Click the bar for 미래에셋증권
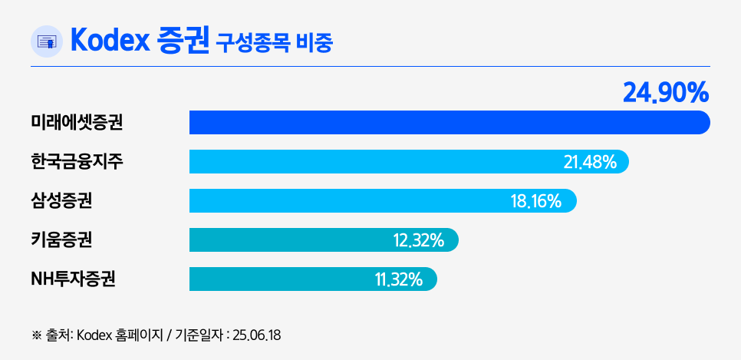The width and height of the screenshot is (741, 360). [449, 123]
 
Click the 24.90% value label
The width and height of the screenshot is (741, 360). [665, 93]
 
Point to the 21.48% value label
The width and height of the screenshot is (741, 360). [590, 162]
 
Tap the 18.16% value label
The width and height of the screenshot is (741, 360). [536, 201]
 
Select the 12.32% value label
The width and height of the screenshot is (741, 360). [419, 240]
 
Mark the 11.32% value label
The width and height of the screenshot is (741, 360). [399, 279]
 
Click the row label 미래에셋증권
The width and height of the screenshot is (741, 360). [77, 122]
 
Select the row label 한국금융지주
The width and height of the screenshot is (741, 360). [77, 161]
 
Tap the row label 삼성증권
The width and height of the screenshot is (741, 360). [61, 201]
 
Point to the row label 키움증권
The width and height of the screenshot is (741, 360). [61, 240]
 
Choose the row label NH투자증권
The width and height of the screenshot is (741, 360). [73, 279]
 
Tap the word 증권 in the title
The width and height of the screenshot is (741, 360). [183, 41]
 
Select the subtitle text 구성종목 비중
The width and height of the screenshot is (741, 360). [274, 42]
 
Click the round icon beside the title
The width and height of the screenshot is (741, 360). [47, 41]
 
